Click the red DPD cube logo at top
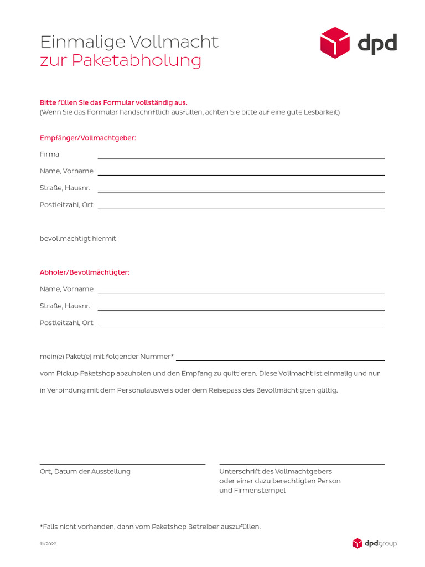point(335,43)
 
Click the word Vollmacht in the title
point(173,42)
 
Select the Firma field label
point(49,154)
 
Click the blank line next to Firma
point(241,157)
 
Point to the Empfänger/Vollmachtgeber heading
point(87,137)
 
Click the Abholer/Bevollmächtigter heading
point(84,272)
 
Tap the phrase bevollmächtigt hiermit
point(77,239)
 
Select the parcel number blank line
point(280,360)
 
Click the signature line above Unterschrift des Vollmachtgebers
point(302,463)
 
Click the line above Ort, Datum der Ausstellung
point(122,463)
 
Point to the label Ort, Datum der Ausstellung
point(85,471)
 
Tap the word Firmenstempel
point(260,491)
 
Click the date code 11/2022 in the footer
point(48,544)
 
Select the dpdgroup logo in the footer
point(375,543)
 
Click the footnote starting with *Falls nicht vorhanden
point(149,527)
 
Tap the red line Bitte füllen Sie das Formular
point(113,102)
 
